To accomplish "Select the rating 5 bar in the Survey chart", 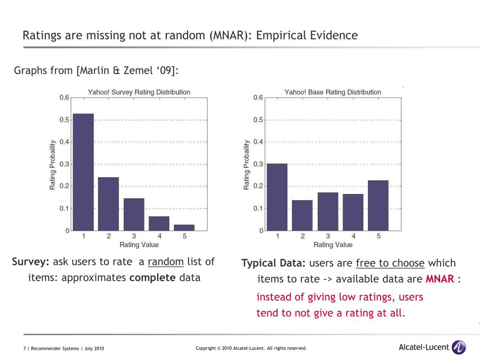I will point(184,227).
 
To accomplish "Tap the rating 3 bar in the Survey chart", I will point(134,214).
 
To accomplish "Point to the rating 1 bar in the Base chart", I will point(277,197).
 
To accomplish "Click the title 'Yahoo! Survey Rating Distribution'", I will point(139,92).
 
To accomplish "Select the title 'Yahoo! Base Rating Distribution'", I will point(333,92).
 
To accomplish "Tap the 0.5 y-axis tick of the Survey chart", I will point(64,120).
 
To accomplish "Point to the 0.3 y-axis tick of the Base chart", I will point(258,164).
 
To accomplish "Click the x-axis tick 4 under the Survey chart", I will point(159,236).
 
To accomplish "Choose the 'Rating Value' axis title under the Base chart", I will point(333,245).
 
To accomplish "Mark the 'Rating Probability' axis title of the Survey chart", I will point(52,164).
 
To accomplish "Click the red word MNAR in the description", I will point(440,279).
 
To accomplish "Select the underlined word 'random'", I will point(165,262).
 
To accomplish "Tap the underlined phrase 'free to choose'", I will point(390,263).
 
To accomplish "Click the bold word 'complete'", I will point(152,277).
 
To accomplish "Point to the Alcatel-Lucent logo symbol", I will point(458,347).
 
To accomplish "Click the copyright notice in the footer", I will point(251,348).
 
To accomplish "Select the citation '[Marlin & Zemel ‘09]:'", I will point(127,71).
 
